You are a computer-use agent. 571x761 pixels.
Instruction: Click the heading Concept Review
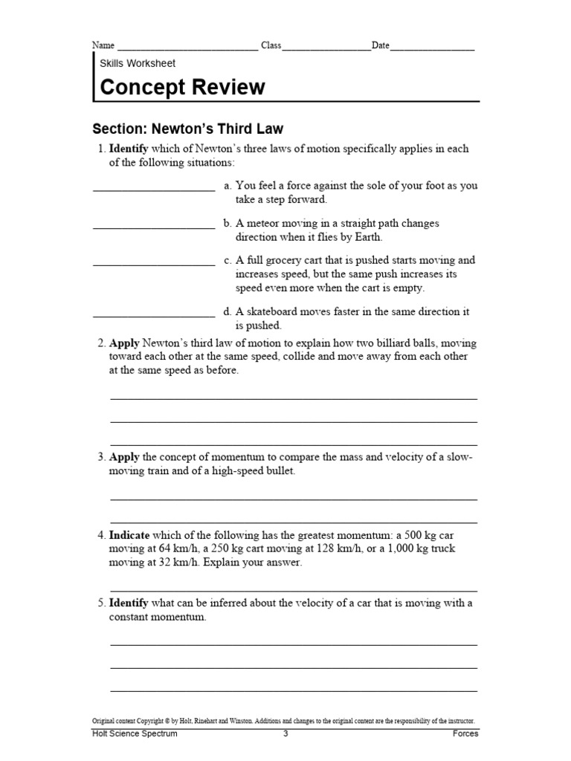[x=182, y=87]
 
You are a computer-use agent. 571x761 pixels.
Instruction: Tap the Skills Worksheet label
[x=138, y=63]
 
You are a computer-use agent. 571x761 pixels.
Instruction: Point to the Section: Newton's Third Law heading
[x=187, y=129]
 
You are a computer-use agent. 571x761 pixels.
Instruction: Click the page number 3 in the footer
[x=285, y=734]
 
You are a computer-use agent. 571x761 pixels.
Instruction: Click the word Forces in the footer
[x=465, y=734]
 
